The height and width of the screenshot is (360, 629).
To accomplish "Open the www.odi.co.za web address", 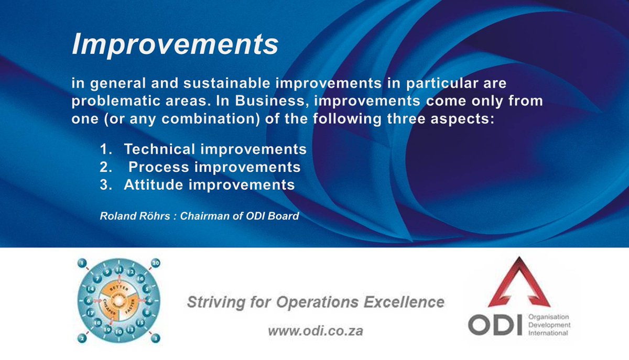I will click(315, 331).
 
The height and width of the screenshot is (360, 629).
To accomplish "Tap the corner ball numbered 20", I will click(156, 262).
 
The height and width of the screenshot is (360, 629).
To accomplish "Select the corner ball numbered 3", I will click(156, 338).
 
